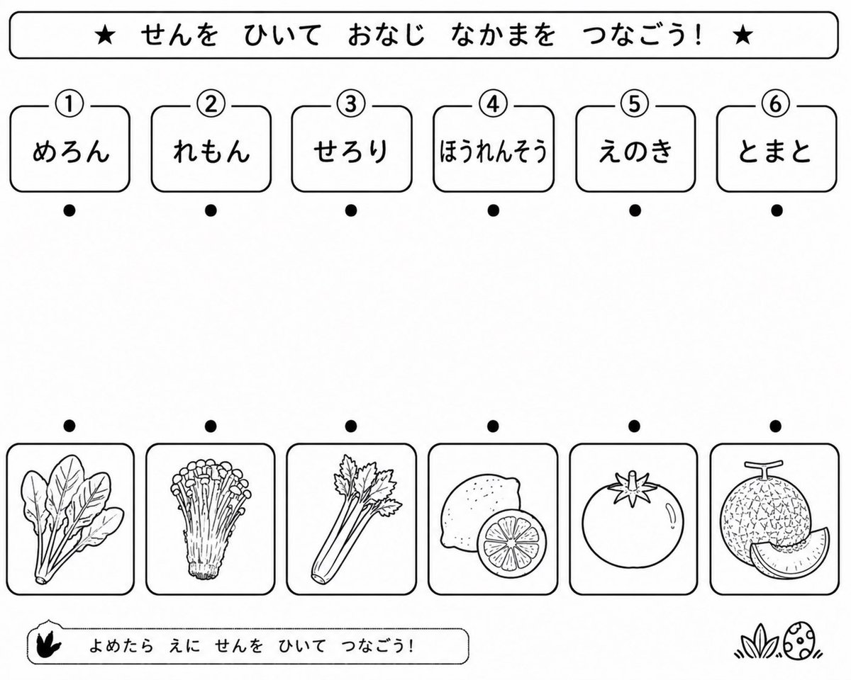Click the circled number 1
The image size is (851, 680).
click(69, 104)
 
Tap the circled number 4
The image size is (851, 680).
click(493, 104)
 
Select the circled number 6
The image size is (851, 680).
click(775, 104)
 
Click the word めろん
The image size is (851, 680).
click(70, 152)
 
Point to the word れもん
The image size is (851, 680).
click(211, 152)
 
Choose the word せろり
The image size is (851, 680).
click(351, 152)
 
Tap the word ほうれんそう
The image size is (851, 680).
click(493, 152)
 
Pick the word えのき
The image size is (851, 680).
click(635, 152)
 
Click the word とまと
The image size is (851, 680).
click(776, 152)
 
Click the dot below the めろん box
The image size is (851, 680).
click(69, 211)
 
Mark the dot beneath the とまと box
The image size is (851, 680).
click(777, 211)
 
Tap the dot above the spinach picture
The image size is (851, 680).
click(69, 426)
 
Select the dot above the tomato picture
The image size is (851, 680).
click(634, 426)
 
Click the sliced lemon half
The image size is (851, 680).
click(512, 542)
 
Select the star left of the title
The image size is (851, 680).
click(105, 35)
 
